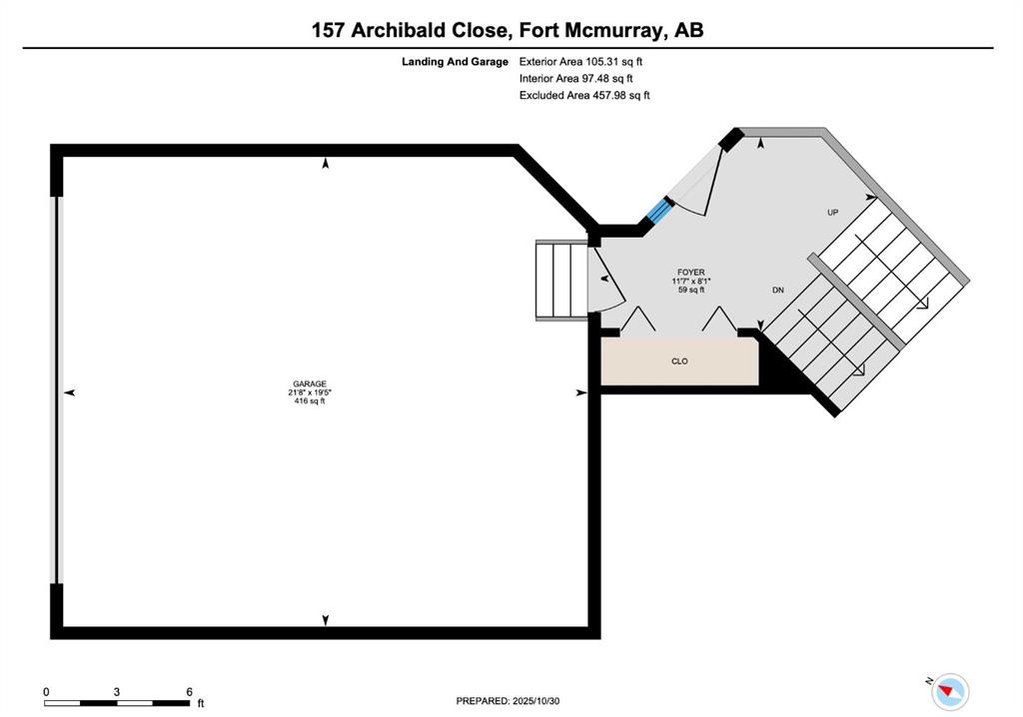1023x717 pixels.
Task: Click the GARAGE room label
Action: (x=310, y=383)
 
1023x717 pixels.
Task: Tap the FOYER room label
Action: (x=691, y=272)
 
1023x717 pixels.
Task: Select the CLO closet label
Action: (x=679, y=360)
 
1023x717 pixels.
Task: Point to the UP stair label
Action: (x=832, y=212)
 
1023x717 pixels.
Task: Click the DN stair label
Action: (x=777, y=290)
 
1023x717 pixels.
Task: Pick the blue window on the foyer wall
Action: (x=659, y=212)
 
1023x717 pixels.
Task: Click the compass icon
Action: (x=950, y=692)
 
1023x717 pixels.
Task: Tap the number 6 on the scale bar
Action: (x=189, y=692)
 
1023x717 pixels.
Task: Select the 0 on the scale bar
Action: (x=46, y=692)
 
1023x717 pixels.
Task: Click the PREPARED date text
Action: (x=508, y=701)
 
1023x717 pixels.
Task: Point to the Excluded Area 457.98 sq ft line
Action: (x=584, y=95)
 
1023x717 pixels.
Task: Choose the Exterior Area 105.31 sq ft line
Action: (x=580, y=62)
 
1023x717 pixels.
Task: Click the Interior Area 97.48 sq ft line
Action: (x=576, y=78)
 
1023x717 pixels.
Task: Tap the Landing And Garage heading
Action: (x=455, y=62)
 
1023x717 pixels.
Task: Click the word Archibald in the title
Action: (x=396, y=30)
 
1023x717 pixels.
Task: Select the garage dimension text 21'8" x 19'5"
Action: (x=310, y=392)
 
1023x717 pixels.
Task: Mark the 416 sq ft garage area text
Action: (x=310, y=400)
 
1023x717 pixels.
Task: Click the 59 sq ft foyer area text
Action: (x=691, y=289)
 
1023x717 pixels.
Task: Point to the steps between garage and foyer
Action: (x=561, y=281)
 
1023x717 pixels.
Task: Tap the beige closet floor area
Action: (x=679, y=360)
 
